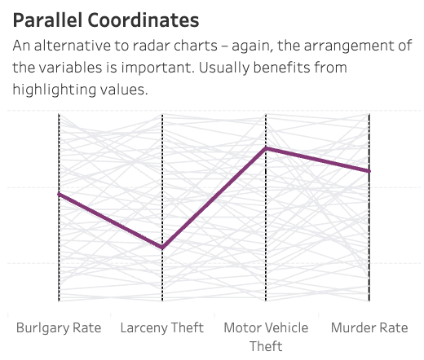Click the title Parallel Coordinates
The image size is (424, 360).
[x=106, y=20]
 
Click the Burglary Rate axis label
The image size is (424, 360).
[x=59, y=327]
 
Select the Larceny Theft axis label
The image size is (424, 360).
[x=162, y=327]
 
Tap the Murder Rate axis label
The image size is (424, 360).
[x=369, y=327]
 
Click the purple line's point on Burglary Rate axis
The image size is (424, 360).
[x=59, y=194]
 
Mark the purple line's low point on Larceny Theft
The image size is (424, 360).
[x=162, y=248]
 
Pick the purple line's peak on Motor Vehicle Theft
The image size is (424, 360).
[x=266, y=148]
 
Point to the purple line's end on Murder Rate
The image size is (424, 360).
[x=369, y=171]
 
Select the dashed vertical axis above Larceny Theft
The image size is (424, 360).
[x=162, y=163]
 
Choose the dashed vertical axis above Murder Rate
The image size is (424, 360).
[x=369, y=244]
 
